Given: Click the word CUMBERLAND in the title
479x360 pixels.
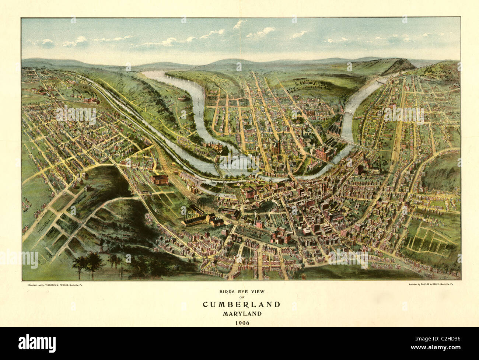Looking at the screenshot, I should click(241, 304).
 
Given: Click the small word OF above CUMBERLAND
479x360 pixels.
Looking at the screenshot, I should click(241, 297).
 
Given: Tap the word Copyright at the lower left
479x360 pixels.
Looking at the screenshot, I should click(34, 285).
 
